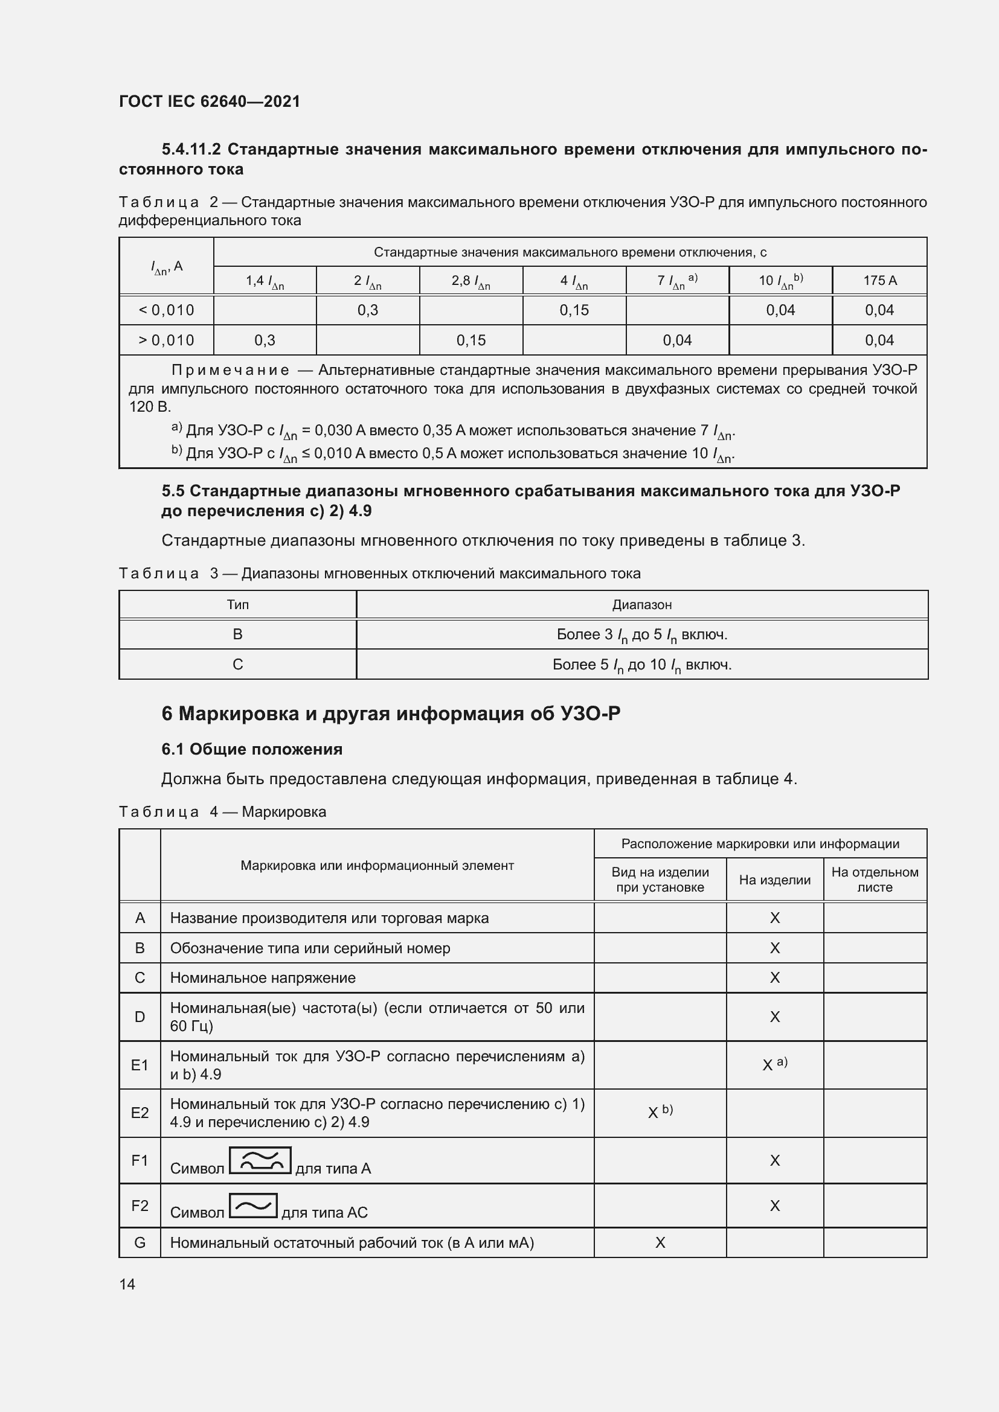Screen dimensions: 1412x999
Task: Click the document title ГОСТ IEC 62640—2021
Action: pos(209,101)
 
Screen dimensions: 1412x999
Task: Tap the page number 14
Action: pos(127,1284)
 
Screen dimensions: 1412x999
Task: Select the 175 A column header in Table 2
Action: pos(879,281)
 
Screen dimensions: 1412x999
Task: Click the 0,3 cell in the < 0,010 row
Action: pos(367,310)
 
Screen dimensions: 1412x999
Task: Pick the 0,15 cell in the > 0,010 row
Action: pos(471,340)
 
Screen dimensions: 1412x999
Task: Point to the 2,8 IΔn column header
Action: pos(471,281)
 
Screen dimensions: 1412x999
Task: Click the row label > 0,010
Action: pos(166,340)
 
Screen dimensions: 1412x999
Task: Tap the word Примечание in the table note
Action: pos(230,370)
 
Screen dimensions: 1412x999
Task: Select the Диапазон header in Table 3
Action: pos(641,604)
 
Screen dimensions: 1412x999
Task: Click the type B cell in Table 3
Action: pos(237,634)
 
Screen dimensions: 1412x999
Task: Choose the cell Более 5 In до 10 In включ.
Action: pos(641,665)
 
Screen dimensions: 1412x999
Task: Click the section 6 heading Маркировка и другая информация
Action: pos(391,714)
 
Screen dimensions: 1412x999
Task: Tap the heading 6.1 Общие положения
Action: pos(252,749)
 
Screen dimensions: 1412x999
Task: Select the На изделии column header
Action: pos(774,880)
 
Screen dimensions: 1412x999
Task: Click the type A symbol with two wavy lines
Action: pos(260,1160)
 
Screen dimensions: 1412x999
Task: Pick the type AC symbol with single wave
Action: pos(253,1206)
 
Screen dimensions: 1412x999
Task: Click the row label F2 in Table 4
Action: pos(140,1206)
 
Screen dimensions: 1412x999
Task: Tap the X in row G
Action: pos(660,1243)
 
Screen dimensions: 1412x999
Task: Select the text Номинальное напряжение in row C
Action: pos(263,978)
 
